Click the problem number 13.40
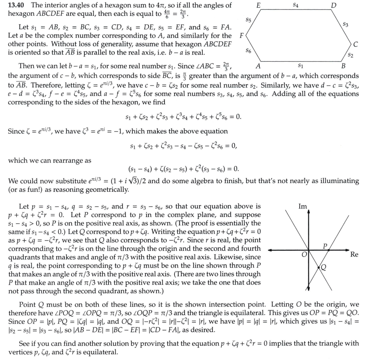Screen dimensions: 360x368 pyautogui.click(x=17, y=5)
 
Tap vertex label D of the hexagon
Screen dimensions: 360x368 pyautogui.click(x=333, y=5)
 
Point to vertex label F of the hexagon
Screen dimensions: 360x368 pyautogui.click(x=242, y=35)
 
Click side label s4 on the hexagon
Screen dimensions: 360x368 pyautogui.click(x=296, y=5)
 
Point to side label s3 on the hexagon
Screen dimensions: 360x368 pyautogui.click(x=345, y=25)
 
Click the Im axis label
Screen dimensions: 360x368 pyautogui.click(x=302, y=207)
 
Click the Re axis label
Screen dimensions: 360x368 pyautogui.click(x=354, y=254)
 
